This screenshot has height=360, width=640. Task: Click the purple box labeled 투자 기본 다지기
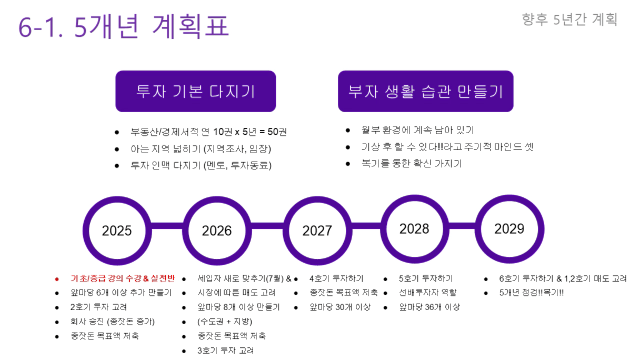(x=196, y=91)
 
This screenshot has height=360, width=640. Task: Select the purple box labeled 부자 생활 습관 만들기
(x=426, y=91)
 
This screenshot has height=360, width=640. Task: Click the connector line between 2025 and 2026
(x=167, y=226)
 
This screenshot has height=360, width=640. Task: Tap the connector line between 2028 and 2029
(x=462, y=226)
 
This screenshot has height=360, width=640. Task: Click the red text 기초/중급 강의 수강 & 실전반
(x=123, y=278)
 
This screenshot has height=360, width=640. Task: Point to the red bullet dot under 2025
(x=57, y=279)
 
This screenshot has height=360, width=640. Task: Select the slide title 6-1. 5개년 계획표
(x=124, y=26)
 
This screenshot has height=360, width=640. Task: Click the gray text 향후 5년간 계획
(x=569, y=19)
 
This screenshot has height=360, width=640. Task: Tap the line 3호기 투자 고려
(x=226, y=351)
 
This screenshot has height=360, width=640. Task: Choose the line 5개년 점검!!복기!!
(x=532, y=293)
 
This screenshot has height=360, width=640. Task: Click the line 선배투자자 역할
(x=428, y=293)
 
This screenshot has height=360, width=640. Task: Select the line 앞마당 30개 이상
(x=340, y=307)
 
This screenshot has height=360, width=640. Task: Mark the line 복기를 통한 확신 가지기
(x=412, y=164)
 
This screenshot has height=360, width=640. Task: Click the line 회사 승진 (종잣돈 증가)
(x=113, y=322)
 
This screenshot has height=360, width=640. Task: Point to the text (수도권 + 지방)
(x=225, y=322)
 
